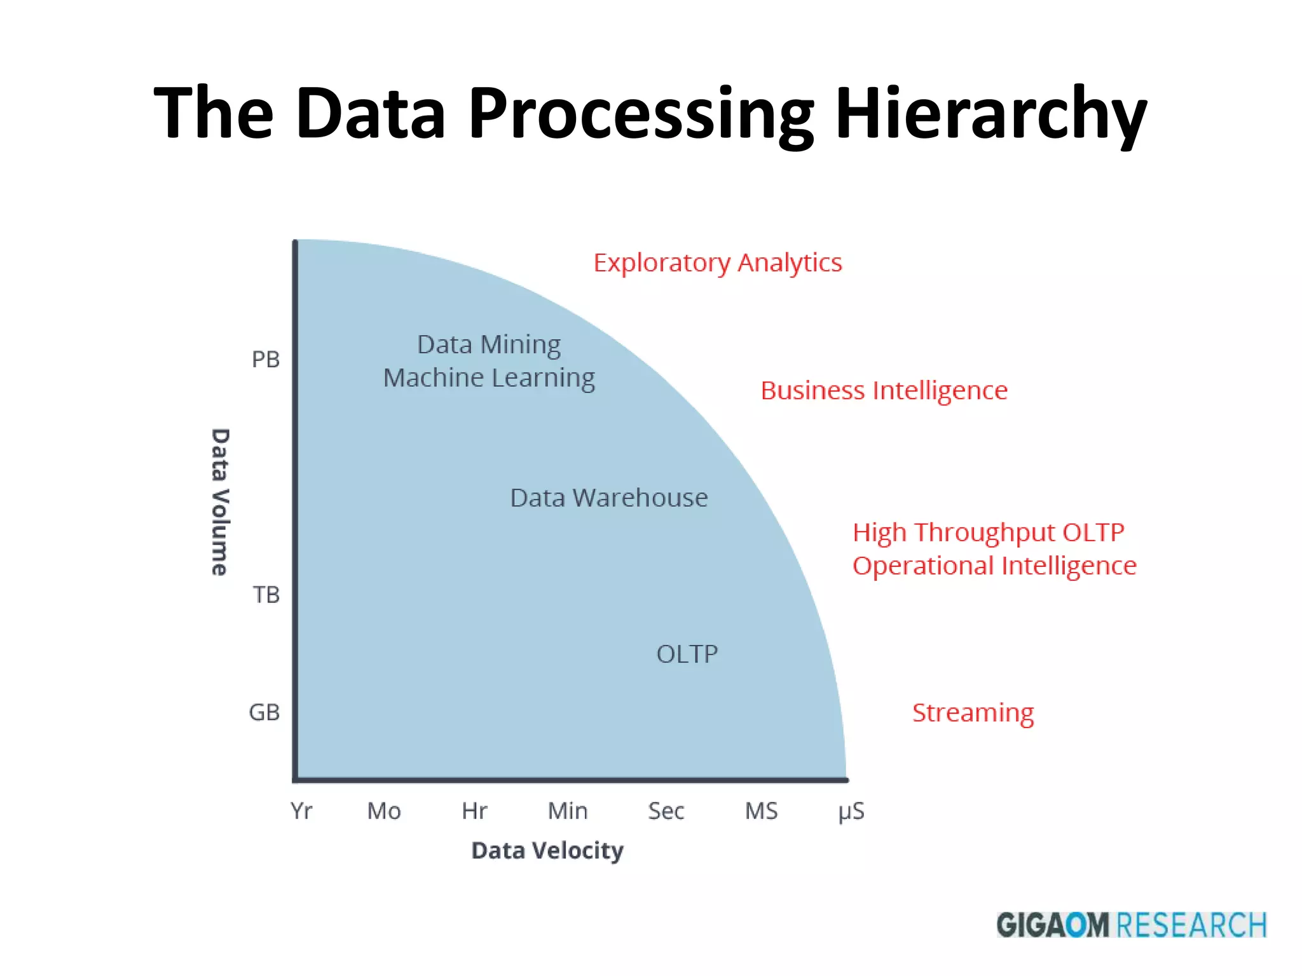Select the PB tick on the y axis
click(266, 360)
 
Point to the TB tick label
click(266, 595)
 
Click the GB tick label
click(264, 712)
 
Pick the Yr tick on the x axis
click(301, 811)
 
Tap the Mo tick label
click(384, 811)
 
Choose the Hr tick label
click(474, 811)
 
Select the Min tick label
click(568, 811)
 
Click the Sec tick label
click(666, 811)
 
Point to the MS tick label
click(761, 811)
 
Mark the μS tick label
click(851, 812)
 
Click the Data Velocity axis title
click(547, 850)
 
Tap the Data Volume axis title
click(220, 502)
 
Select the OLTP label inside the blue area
click(687, 654)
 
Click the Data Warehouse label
click(609, 498)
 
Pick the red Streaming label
click(973, 713)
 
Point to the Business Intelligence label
click(884, 391)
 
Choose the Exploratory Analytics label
click(718, 263)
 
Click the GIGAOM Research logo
click(1131, 925)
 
